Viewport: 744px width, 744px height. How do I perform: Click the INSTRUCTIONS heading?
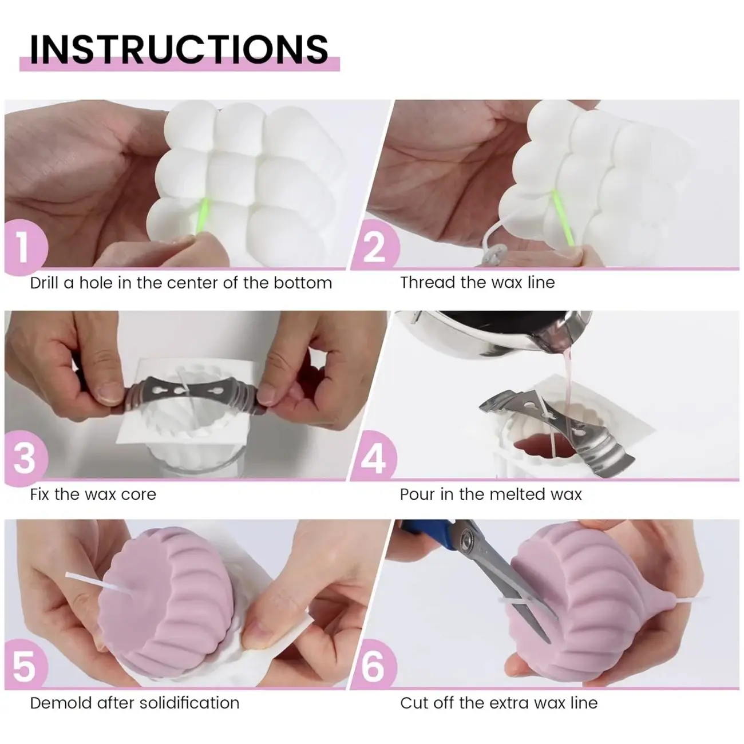[x=179, y=49]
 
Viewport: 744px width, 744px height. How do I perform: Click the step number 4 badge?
[x=373, y=457]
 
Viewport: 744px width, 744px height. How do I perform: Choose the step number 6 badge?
[x=373, y=666]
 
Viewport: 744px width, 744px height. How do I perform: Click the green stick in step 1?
[x=203, y=216]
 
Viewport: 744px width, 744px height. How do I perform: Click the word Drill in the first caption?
[x=44, y=283]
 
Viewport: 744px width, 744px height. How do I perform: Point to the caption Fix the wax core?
[x=93, y=494]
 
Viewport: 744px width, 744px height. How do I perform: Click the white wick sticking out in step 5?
[x=97, y=584]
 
